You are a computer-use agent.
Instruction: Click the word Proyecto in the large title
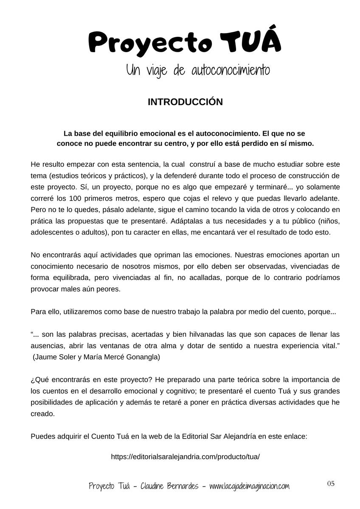point(150,44)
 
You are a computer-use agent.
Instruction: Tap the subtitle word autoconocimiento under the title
point(231,70)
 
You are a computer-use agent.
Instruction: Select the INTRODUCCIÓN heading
point(185,102)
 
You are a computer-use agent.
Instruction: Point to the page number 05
point(331,484)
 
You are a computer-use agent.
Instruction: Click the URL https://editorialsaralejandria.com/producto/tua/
point(185,457)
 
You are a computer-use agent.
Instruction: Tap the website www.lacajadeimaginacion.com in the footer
point(249,486)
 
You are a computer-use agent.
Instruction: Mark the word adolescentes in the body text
point(51,232)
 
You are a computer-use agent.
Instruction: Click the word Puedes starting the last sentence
point(42,436)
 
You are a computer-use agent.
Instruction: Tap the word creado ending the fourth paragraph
point(42,414)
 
